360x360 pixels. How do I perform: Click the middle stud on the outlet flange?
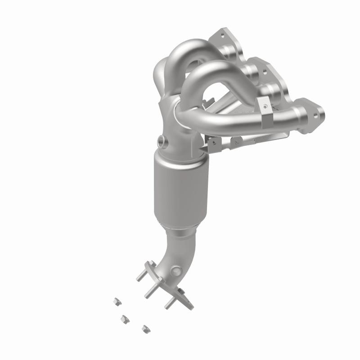coord(152,291)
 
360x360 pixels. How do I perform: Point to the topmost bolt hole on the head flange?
coord(221,34)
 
